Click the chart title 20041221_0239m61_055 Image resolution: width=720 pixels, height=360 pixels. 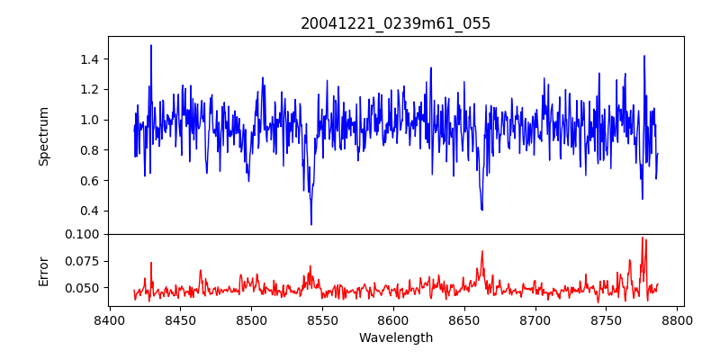[x=395, y=23]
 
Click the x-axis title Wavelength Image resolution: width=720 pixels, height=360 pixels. [x=395, y=338]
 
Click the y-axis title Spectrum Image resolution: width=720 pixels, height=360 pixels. [x=43, y=136]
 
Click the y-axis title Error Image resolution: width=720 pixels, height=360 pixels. [x=43, y=270]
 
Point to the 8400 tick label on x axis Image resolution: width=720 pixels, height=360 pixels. [x=109, y=319]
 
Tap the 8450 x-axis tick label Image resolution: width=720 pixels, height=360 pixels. [x=180, y=319]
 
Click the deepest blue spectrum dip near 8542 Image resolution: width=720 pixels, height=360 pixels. [x=311, y=224]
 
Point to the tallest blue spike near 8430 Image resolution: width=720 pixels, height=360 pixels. [x=151, y=45]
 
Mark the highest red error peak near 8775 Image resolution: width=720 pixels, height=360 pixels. [x=642, y=238]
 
